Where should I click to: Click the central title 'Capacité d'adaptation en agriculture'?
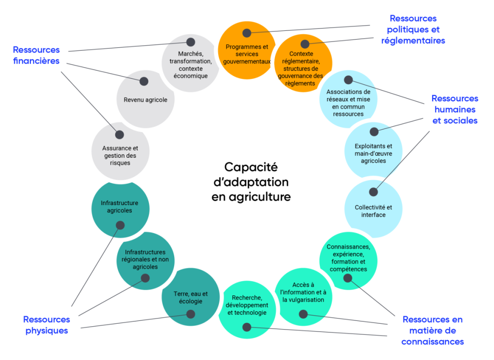coord(251,182)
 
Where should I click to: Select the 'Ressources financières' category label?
coord(36,55)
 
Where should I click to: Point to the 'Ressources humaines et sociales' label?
coord(454,110)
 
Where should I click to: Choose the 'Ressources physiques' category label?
coord(47,325)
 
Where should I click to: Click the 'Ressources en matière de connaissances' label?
coord(432,331)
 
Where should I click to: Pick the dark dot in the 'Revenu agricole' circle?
coord(144,82)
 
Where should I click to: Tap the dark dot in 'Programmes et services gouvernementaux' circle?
coord(247,33)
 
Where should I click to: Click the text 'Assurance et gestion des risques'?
coord(120,155)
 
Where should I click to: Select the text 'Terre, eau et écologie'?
coord(191,297)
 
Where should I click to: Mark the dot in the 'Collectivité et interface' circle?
coord(373,192)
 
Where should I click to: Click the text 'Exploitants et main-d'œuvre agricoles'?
coord(373,153)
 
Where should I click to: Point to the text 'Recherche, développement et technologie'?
coord(247,305)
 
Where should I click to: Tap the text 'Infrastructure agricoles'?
coord(120,207)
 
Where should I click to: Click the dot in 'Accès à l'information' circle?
coord(303,314)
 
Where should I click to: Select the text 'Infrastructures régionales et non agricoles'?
coord(145,259)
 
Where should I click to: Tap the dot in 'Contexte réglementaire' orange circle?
coord(305,44)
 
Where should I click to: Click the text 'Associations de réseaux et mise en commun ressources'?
coord(348,103)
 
